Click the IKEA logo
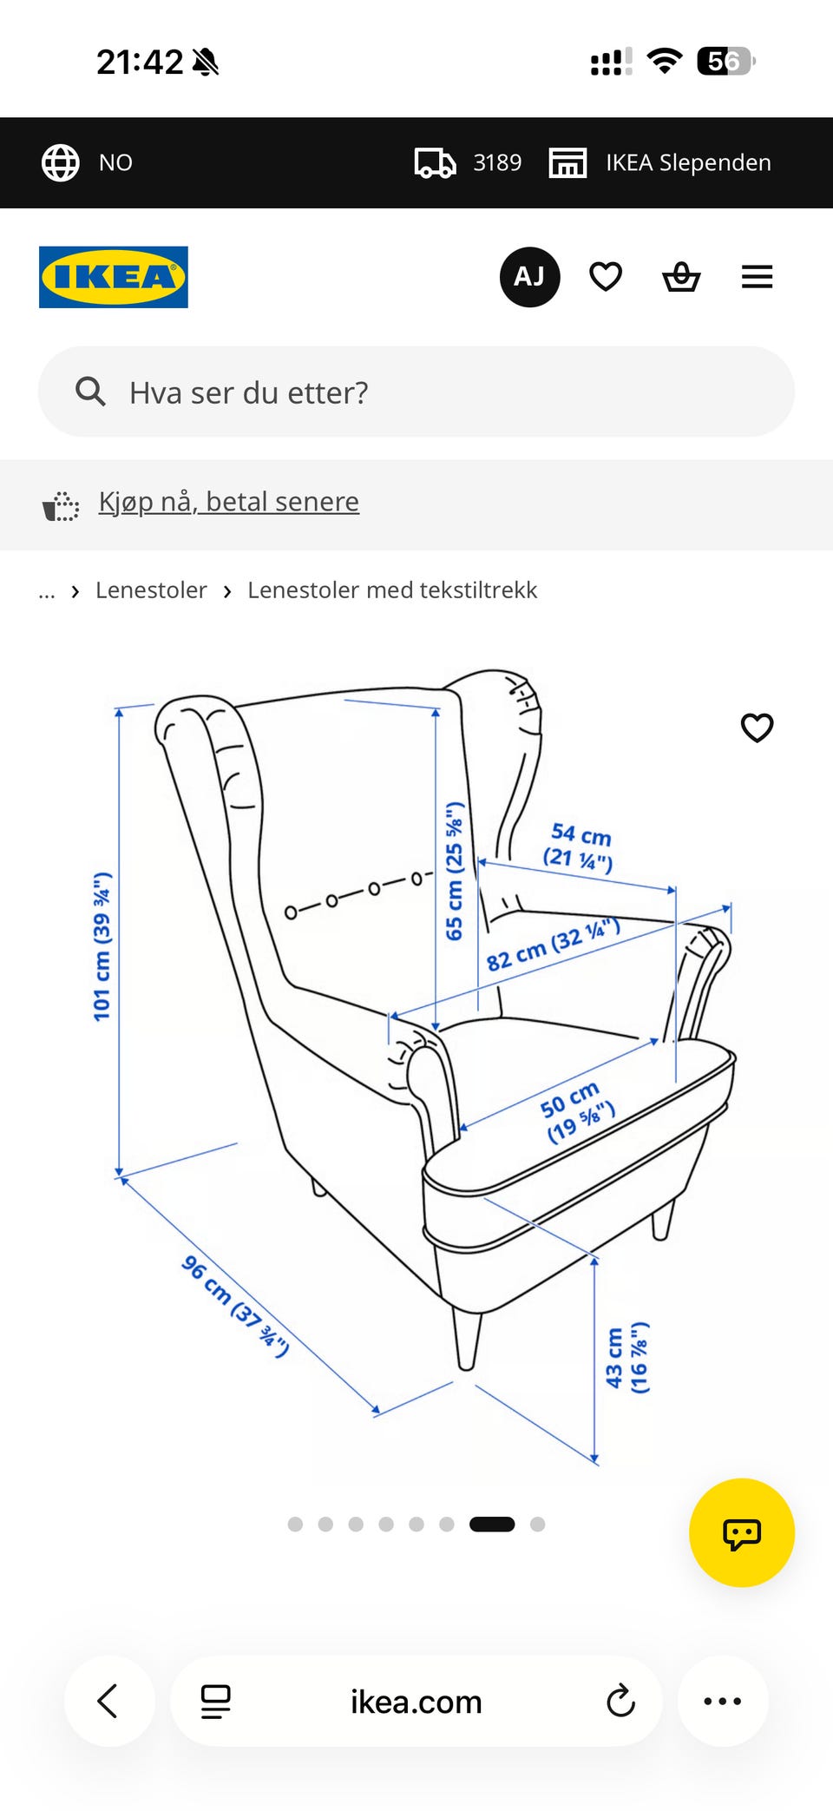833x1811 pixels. [114, 277]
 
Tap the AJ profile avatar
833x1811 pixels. [529, 277]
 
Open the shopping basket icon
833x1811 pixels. [681, 277]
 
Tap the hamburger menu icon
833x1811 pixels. [757, 277]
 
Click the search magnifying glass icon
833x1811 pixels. [90, 392]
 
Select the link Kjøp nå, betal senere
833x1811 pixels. [229, 502]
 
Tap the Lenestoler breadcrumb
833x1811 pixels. [151, 590]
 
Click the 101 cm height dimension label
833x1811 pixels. [102, 947]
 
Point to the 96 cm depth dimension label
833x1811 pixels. [235, 1306]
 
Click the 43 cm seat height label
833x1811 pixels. [626, 1358]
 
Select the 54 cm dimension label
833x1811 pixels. [579, 847]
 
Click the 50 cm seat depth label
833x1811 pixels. [576, 1112]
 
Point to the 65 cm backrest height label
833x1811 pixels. [454, 871]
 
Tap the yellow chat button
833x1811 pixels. [742, 1532]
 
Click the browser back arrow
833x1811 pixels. [108, 1701]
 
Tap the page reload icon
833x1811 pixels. [620, 1701]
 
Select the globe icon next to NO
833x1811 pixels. [61, 162]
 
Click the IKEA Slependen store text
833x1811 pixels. [688, 162]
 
